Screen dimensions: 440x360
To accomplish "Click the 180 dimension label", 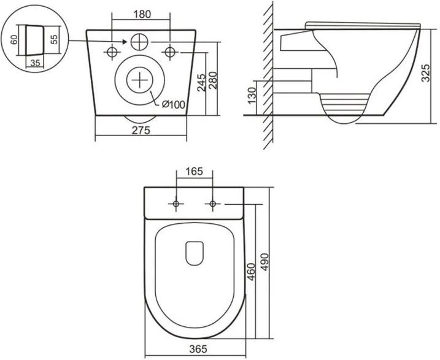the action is tap(142, 14).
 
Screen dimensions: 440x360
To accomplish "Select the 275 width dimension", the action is tap(141, 131).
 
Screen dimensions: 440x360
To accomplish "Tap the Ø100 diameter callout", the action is tap(174, 105).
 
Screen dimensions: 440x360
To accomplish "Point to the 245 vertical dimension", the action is tap(201, 82).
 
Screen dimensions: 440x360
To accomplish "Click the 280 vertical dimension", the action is tap(213, 81).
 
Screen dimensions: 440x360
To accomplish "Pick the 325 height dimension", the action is tap(426, 73).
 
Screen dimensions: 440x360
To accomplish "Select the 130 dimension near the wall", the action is tap(252, 95).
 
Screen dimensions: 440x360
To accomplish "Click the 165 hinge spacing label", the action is tap(194, 171).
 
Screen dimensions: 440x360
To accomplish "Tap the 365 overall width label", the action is tap(198, 349).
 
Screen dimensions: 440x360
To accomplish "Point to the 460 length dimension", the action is tap(251, 272).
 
